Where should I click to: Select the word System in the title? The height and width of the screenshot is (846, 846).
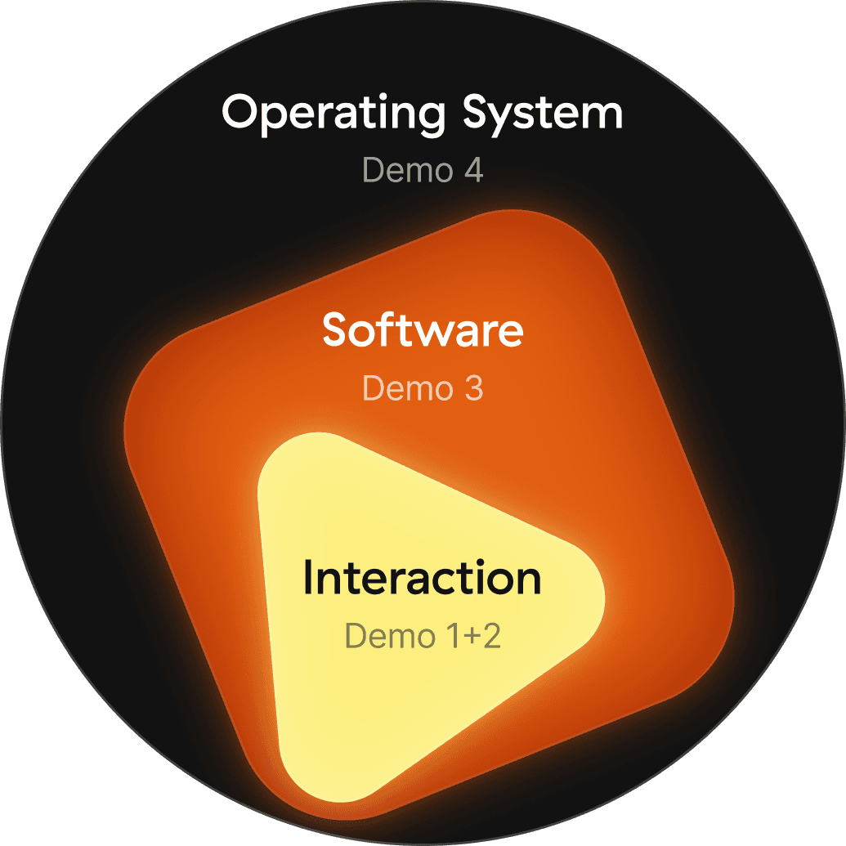click(x=543, y=114)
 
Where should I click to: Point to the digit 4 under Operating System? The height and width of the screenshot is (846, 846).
click(x=472, y=172)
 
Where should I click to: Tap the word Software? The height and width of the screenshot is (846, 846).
click(x=423, y=330)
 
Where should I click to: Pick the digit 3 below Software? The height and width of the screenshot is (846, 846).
click(x=473, y=388)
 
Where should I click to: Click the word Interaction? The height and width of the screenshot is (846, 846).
click(x=422, y=578)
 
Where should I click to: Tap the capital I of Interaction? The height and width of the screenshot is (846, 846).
click(x=308, y=579)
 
